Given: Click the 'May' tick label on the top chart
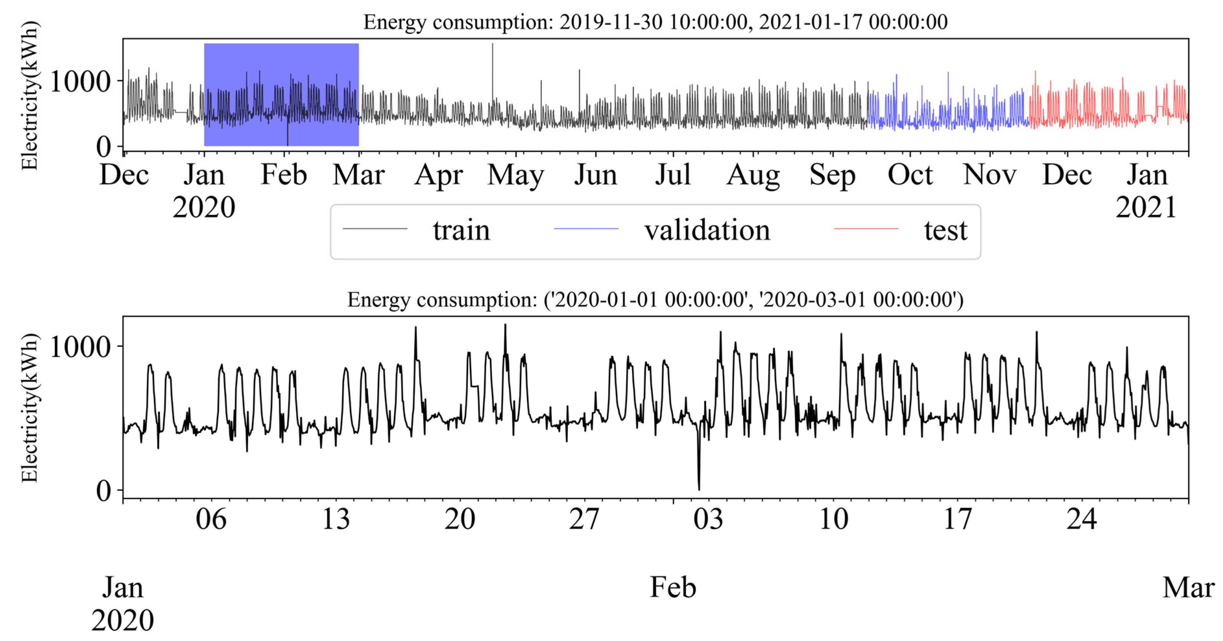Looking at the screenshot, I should click(x=516, y=176).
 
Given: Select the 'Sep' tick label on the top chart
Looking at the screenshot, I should click(x=832, y=176).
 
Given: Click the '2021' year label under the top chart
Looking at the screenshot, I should click(x=1146, y=208).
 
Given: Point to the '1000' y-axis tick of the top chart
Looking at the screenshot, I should click(x=80, y=82).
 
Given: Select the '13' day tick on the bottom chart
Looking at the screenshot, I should click(x=336, y=519).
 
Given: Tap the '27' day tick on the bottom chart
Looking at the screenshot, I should click(x=584, y=519).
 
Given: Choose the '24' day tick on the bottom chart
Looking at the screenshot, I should click(x=1082, y=519).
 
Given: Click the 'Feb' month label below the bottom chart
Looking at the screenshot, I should click(x=673, y=588).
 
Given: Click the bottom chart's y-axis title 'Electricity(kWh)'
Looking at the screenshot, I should click(x=30, y=407).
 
